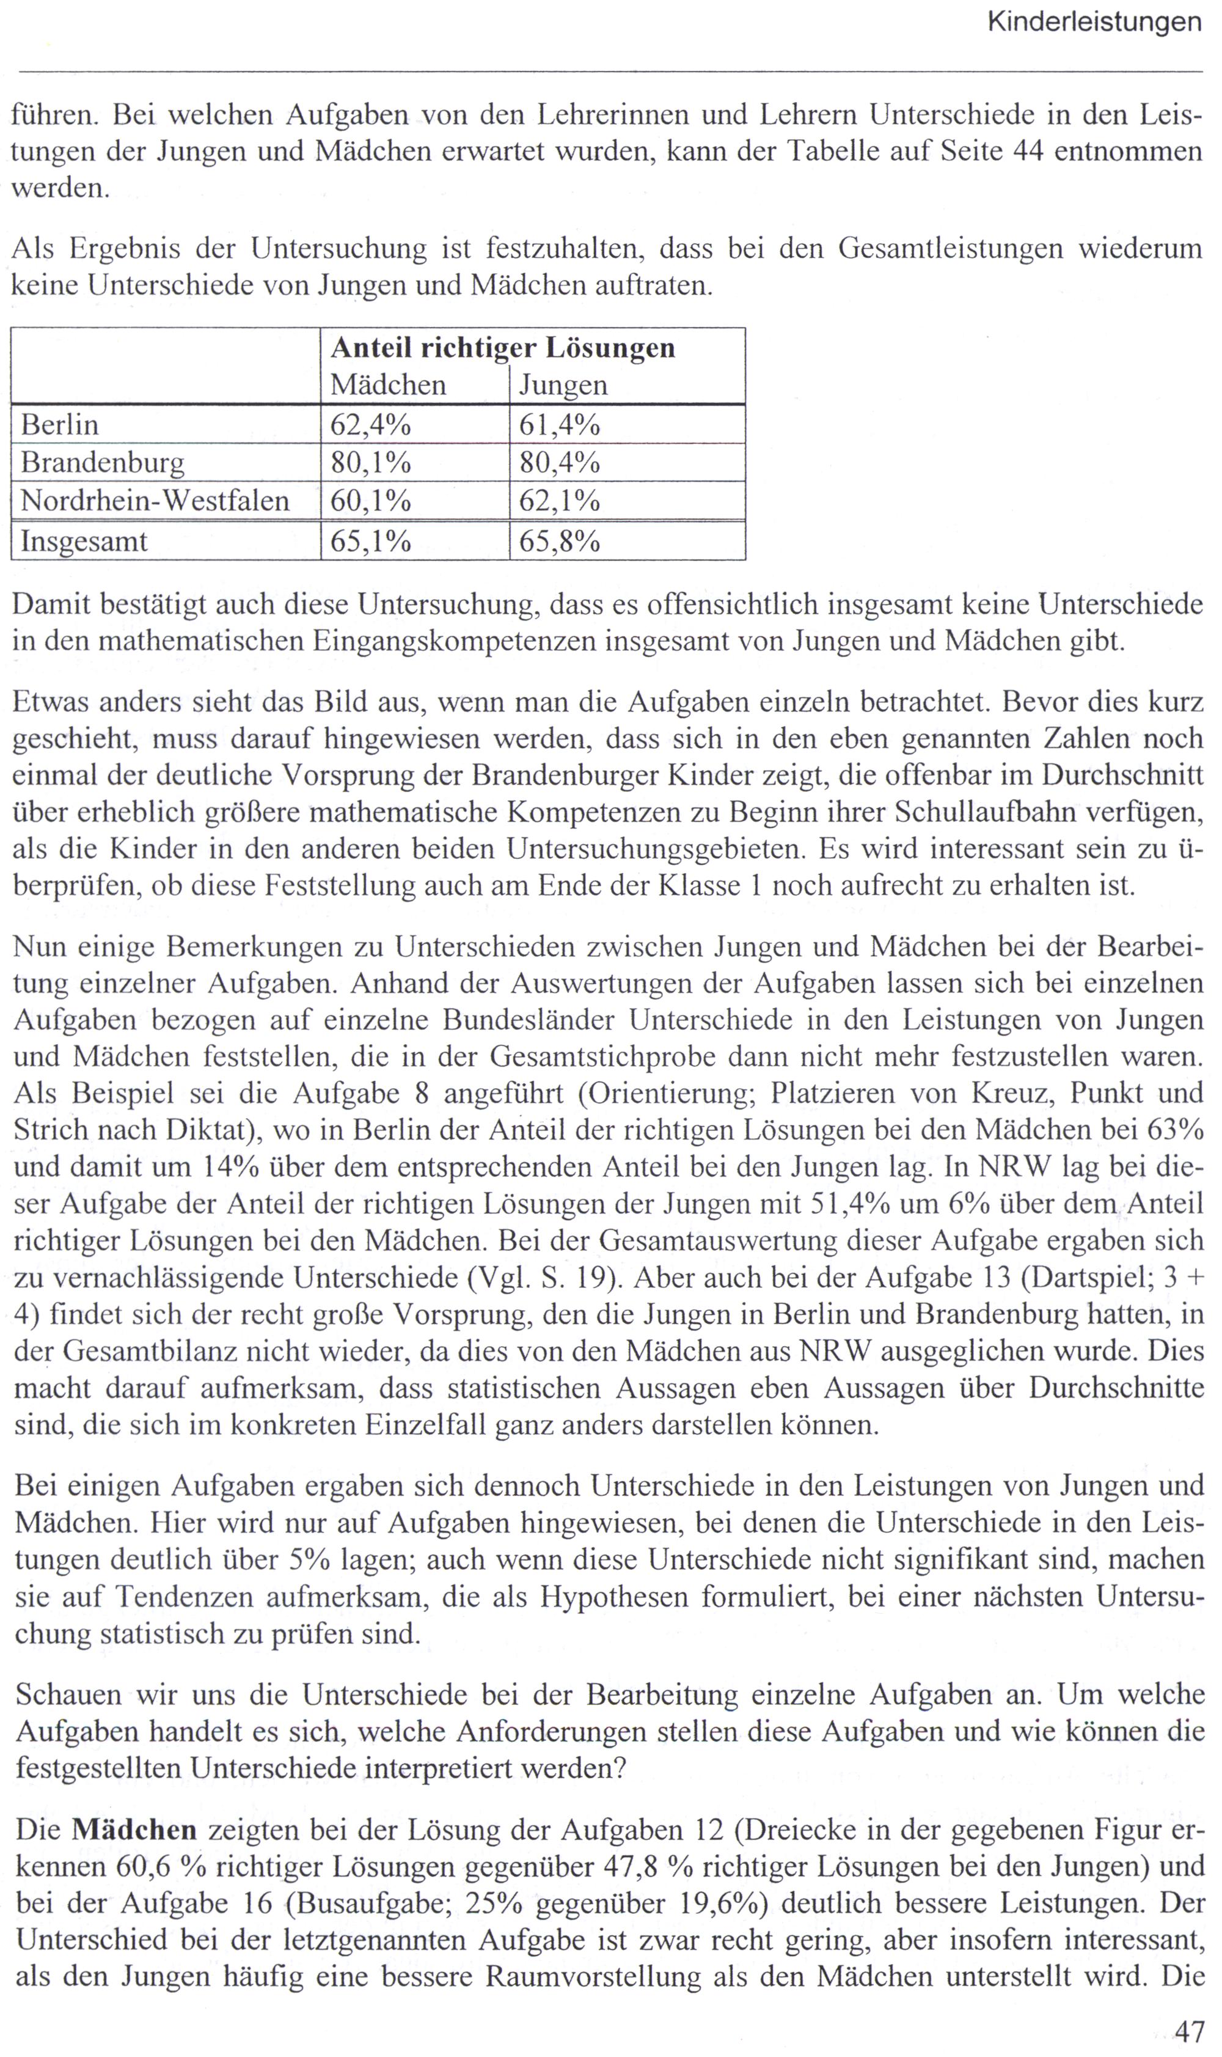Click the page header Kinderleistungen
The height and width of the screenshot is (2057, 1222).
[x=1094, y=22]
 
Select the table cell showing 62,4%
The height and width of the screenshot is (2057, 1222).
[x=370, y=425]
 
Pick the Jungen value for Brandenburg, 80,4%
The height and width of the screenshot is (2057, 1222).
[x=559, y=463]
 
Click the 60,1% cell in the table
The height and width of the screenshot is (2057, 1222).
[x=370, y=501]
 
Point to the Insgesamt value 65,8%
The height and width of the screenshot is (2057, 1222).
[x=559, y=541]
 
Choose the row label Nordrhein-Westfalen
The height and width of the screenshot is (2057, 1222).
[x=155, y=501]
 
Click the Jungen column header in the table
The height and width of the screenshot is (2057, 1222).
[x=563, y=385]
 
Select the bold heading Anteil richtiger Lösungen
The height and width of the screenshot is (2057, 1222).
[x=502, y=348]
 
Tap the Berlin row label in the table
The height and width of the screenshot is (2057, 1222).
[x=59, y=425]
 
